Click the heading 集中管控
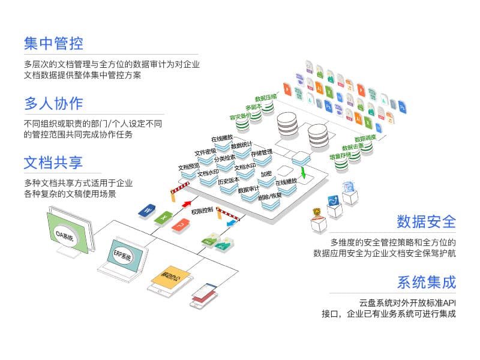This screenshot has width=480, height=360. click(x=53, y=44)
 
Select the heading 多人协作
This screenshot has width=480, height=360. click(x=53, y=103)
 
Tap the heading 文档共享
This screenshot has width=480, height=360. click(x=53, y=162)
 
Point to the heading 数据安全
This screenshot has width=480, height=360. click(x=426, y=221)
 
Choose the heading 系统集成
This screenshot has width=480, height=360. click(x=426, y=281)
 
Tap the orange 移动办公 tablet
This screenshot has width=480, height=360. click(x=163, y=277)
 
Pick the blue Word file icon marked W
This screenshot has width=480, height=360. click(x=146, y=211)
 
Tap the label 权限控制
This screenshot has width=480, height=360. click(x=202, y=211)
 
